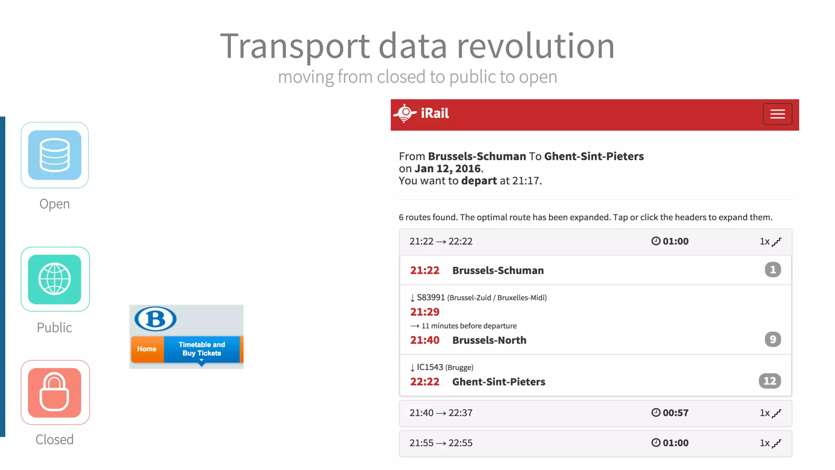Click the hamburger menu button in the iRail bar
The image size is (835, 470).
click(777, 114)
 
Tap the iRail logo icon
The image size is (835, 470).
click(404, 113)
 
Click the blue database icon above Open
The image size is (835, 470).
click(55, 155)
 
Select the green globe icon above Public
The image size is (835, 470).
click(55, 279)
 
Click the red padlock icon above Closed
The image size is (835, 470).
click(55, 392)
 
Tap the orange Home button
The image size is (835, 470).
click(147, 349)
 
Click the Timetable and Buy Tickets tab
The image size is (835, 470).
click(202, 349)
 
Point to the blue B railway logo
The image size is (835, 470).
click(155, 319)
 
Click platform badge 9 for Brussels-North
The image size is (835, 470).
click(773, 339)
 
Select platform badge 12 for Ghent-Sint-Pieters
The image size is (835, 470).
click(769, 381)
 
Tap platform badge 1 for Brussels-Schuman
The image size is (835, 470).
click(773, 270)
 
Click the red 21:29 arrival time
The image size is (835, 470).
click(424, 312)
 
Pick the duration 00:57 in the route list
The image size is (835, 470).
click(675, 413)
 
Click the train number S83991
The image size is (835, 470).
click(431, 297)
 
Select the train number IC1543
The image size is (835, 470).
click(430, 367)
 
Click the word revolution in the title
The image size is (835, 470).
click(535, 46)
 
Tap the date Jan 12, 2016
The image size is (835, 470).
click(447, 168)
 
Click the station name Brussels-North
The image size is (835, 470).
click(489, 340)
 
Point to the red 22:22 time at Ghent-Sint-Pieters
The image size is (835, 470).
click(424, 382)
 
